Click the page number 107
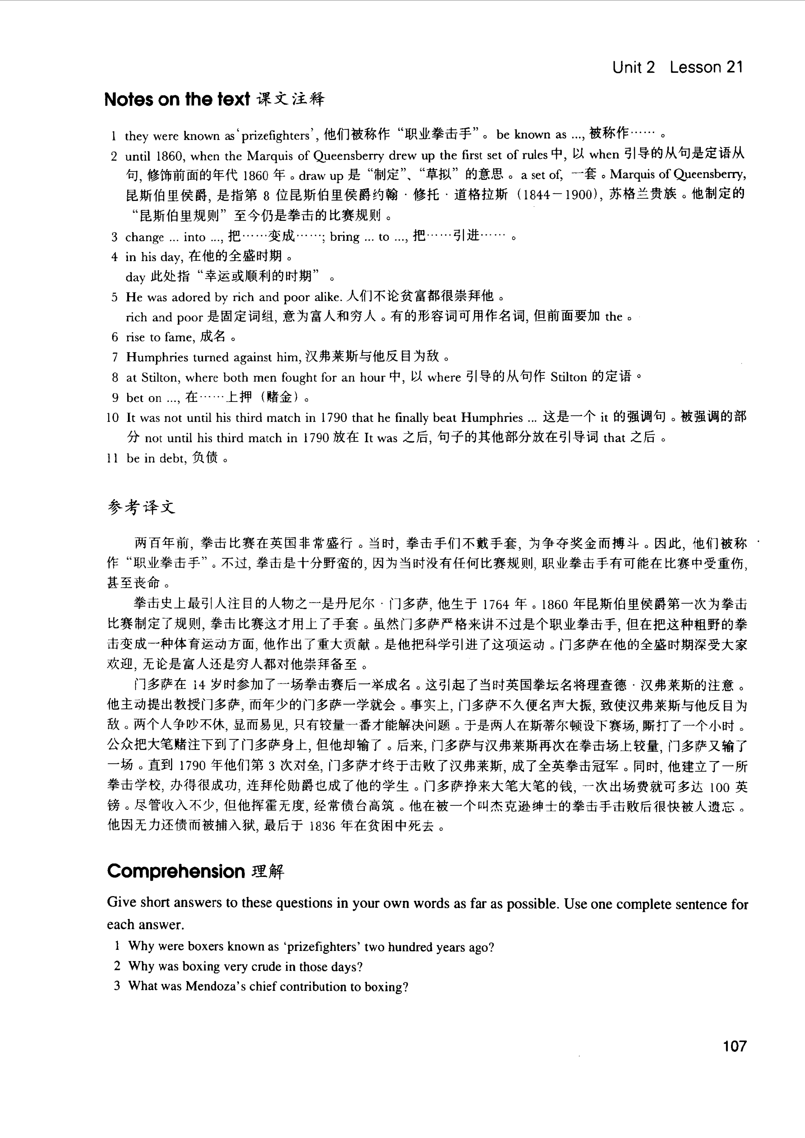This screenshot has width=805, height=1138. pos(735,1046)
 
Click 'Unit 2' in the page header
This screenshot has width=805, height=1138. pos(634,67)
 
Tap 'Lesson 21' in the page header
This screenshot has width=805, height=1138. pos(706,67)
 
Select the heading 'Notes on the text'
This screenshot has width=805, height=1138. pos(177,100)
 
